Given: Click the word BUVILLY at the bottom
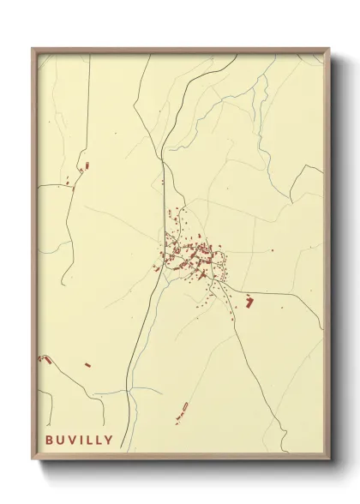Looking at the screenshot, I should pos(79,440).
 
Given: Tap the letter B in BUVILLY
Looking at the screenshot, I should pos(50,440).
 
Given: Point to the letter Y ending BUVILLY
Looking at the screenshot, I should pos(108,440).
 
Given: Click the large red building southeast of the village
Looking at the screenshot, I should pos(249,301).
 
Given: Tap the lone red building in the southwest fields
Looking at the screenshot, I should pos(87,365).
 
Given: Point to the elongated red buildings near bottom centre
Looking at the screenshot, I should pos(182,411).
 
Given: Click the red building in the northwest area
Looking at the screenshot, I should pos(84,164).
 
